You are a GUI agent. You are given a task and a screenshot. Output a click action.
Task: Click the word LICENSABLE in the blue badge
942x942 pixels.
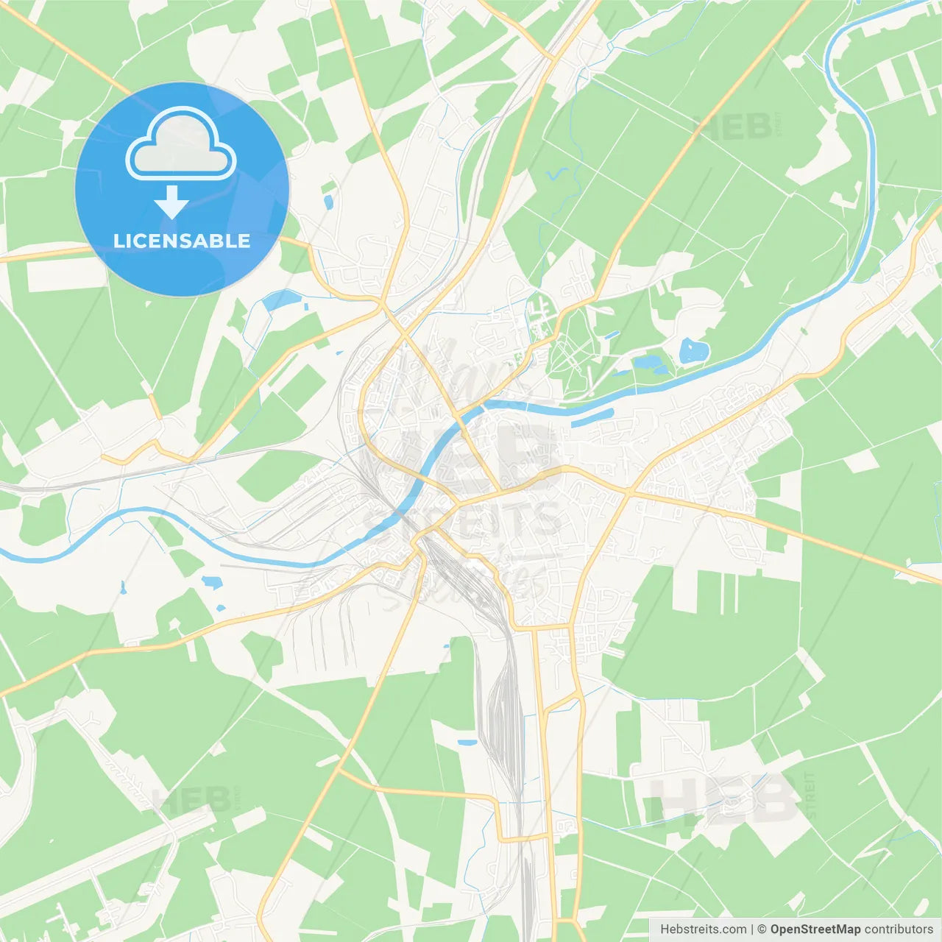(181, 241)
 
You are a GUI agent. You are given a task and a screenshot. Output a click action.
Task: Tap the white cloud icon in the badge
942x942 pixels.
(181, 144)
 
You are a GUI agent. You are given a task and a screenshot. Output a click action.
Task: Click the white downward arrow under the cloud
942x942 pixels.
(171, 202)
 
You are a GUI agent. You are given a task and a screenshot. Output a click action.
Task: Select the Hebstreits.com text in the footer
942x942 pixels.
(703, 929)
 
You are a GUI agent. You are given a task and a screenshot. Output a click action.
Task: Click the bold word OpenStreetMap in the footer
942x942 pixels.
(815, 929)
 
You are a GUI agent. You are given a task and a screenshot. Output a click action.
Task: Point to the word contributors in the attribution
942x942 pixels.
(898, 929)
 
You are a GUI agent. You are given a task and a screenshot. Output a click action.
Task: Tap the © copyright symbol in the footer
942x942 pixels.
(762, 929)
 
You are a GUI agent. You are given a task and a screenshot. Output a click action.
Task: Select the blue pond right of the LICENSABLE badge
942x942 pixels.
(281, 300)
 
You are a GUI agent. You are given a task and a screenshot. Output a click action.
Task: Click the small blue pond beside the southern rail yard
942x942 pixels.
(467, 743)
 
